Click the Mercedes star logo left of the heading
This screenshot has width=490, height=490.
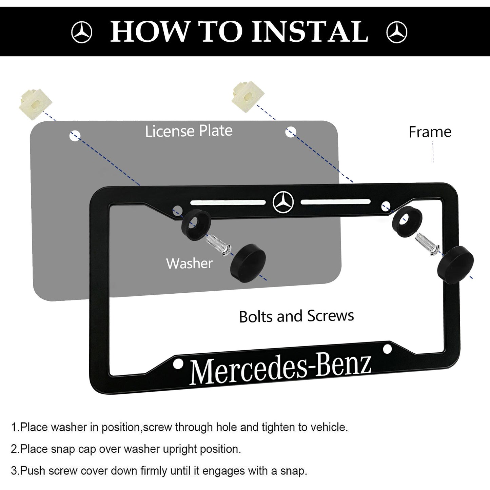82,32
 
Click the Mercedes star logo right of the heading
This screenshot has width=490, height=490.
397,32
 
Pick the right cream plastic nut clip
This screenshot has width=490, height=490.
248,96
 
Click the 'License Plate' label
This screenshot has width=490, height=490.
189,131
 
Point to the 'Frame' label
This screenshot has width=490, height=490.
430,132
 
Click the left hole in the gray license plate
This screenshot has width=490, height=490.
75,136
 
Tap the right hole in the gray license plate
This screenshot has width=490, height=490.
291,132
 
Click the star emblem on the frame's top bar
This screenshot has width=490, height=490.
283,202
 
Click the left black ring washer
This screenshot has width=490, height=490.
196,224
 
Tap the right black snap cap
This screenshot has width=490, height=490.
455,264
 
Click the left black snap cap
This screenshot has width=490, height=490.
248,263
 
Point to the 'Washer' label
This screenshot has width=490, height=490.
190,263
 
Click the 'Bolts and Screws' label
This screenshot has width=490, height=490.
296,316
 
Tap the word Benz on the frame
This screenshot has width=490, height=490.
343,365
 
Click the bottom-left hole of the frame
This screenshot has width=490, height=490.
178,364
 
